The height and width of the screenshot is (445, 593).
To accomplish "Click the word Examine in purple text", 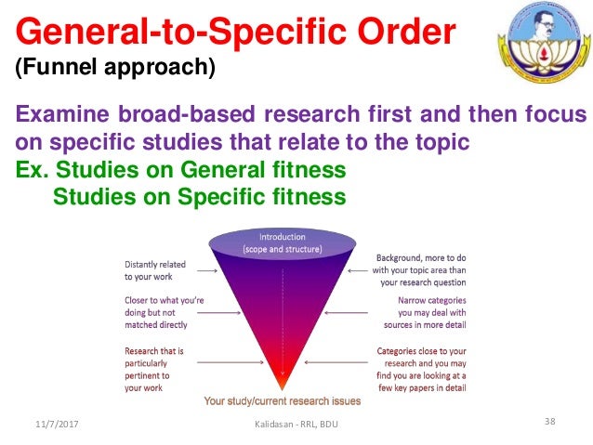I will (x=61, y=116).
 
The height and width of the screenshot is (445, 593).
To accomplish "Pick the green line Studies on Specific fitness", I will (x=199, y=197).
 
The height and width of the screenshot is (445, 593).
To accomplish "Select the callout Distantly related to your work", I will (x=154, y=269).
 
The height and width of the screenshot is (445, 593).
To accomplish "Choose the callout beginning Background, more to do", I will (x=421, y=268).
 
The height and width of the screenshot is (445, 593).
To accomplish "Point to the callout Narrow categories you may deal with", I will (x=426, y=312).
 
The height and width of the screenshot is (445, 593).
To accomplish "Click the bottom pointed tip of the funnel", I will (x=282, y=387).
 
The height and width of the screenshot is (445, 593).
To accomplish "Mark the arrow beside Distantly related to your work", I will (x=206, y=271).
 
